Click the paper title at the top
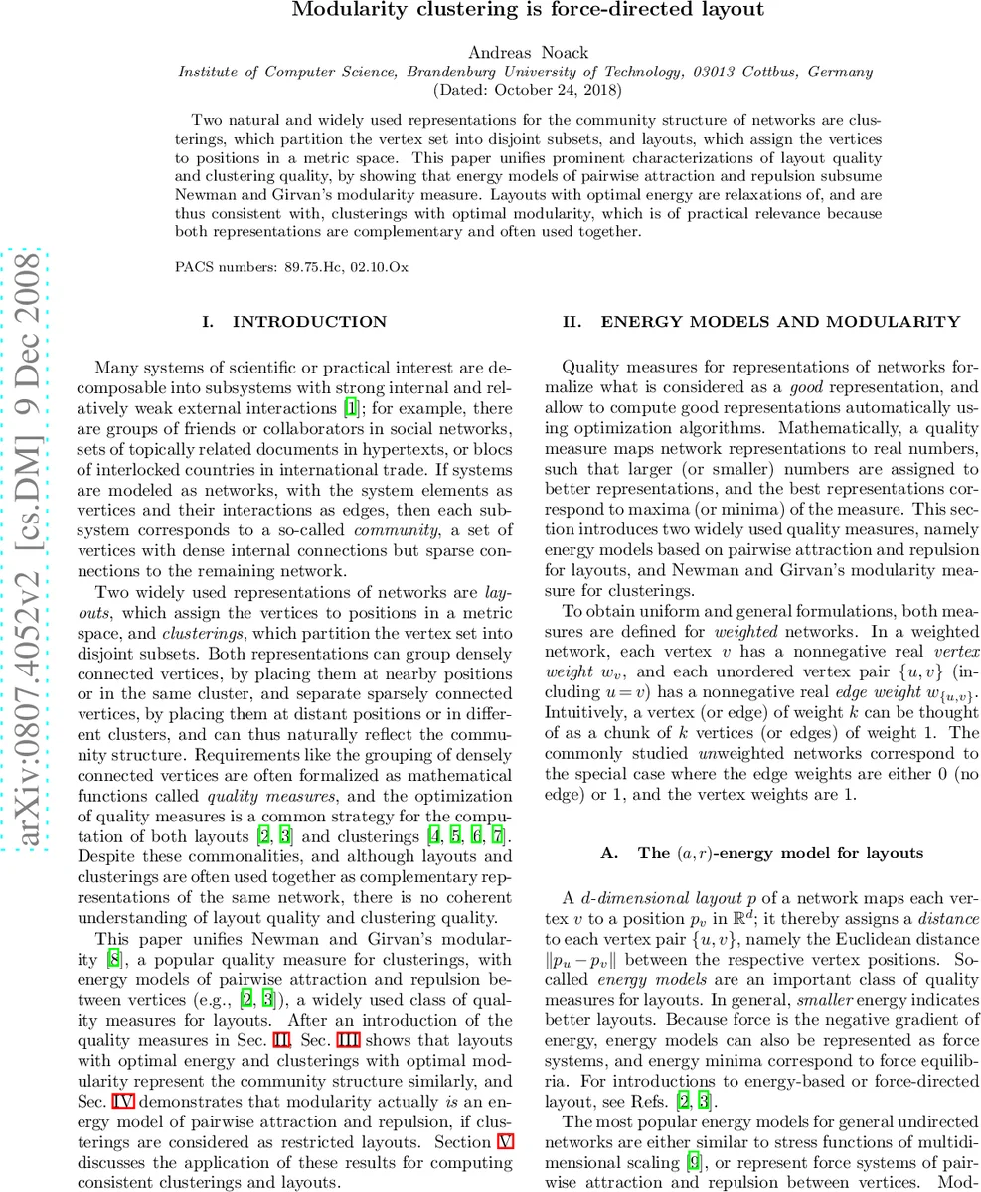tap(528, 11)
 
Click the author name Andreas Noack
tap(527, 53)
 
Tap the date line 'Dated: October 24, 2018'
tap(527, 89)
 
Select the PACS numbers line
tap(291, 266)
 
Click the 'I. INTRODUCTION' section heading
tap(294, 322)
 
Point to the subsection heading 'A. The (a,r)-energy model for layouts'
tap(762, 853)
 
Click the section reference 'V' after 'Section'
tap(505, 1141)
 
